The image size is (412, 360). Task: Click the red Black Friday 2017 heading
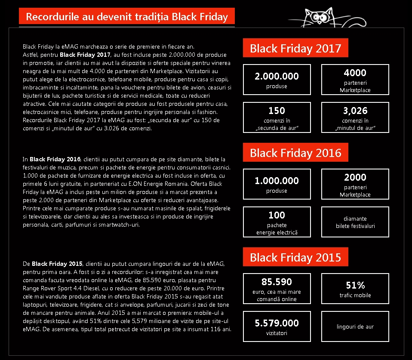pos(295,48)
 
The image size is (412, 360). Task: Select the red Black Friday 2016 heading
pos(295,153)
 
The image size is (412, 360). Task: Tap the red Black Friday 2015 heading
pos(295,257)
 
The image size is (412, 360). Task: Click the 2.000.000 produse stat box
pos(277,80)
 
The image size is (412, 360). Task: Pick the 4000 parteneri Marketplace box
pos(355,80)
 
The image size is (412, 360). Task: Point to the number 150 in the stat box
pos(277,111)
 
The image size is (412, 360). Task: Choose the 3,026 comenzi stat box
pos(355,117)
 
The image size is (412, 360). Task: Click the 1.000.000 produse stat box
pos(277,185)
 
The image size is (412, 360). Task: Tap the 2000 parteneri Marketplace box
pos(355,185)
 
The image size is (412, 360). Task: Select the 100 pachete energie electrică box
pos(277,222)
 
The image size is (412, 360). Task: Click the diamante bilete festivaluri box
pos(355,222)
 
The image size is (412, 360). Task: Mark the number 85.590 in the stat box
pos(277,282)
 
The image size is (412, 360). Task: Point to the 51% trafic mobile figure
pos(355,285)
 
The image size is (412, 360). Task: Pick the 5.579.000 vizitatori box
pos(277,326)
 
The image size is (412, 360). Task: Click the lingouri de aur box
pos(355,326)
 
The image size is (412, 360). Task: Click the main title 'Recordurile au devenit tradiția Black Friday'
pos(126,17)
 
